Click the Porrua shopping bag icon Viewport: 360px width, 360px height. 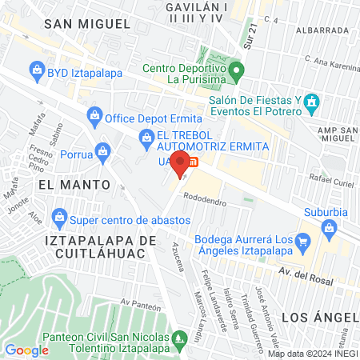[x=102, y=150]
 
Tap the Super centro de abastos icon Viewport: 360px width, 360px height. [x=59, y=216]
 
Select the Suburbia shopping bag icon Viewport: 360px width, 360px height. [x=330, y=228]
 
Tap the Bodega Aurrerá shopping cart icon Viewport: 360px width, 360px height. [x=302, y=240]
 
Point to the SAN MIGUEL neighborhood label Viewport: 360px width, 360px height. [x=86, y=24]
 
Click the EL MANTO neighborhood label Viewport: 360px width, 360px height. [x=73, y=184]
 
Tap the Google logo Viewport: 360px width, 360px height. [x=26, y=350]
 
